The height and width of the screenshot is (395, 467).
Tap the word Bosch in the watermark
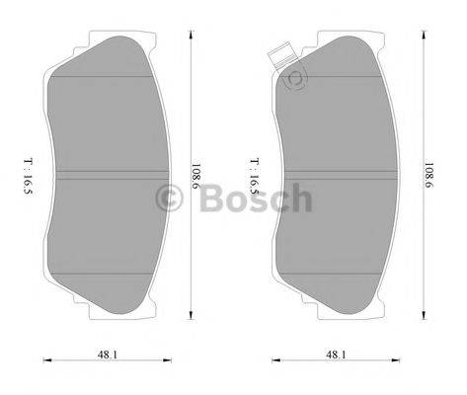pos(254,201)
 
